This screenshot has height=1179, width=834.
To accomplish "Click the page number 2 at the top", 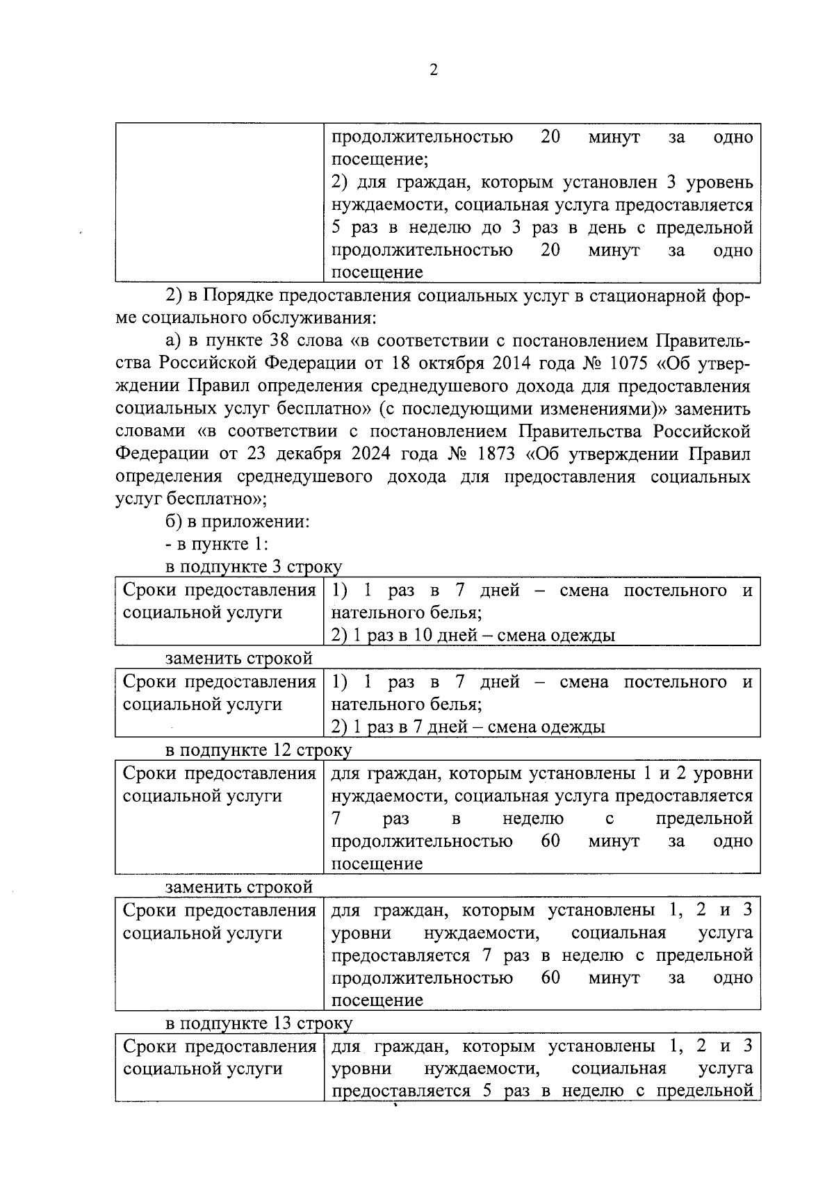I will (434, 69).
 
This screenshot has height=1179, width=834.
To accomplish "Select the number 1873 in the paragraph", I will (493, 454).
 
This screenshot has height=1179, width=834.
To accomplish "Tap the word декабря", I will (309, 454).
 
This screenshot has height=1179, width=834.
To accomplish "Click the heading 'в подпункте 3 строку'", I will (253, 566).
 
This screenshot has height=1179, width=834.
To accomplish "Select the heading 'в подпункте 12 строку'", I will (258, 750).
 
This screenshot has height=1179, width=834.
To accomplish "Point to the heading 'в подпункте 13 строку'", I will (258, 1023).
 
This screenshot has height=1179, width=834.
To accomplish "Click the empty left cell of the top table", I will (219, 202).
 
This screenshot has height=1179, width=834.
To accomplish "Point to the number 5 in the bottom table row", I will (487, 1091).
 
